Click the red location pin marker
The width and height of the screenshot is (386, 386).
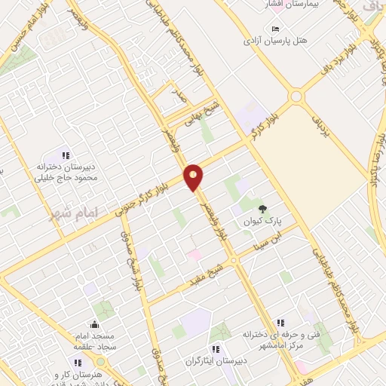(x=194, y=176)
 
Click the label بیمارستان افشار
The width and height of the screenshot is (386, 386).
(x=277, y=5)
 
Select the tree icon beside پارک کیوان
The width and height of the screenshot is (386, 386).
(x=262, y=209)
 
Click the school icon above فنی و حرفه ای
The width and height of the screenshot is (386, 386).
(x=280, y=322)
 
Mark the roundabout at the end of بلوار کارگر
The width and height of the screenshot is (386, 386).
(x=296, y=96)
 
